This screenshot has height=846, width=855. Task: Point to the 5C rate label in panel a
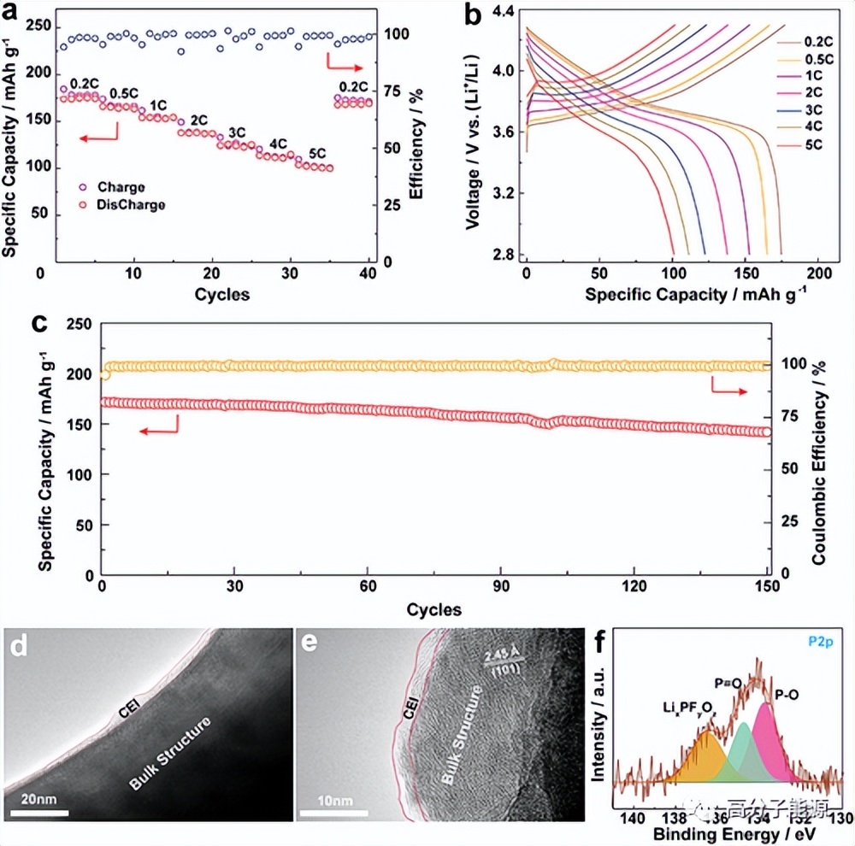click(317, 153)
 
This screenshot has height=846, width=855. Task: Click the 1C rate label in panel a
click(158, 105)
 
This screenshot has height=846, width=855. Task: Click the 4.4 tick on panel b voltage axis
click(501, 11)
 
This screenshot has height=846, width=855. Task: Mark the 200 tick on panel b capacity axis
click(820, 272)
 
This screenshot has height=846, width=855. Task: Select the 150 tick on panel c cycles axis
click(767, 587)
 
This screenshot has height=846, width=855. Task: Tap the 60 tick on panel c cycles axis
click(367, 587)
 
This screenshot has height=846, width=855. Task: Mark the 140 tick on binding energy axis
click(632, 815)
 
